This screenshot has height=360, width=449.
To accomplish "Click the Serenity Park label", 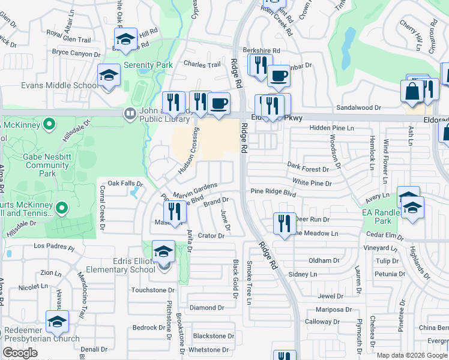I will click(148, 65).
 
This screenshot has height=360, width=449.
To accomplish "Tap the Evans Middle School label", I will click(59, 85).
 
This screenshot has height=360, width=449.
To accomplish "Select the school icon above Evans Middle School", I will click(109, 76).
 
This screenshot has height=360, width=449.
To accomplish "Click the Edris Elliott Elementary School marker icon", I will click(163, 252).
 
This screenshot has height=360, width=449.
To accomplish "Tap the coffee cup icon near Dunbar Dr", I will click(279, 76).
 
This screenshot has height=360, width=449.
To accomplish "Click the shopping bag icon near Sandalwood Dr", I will click(412, 92).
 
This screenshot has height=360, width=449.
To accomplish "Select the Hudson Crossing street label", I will click(187, 153).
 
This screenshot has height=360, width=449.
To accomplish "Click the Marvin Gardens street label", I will click(194, 191).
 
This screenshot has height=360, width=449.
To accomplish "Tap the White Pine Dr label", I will click(312, 182).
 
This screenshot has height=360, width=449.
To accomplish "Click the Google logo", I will click(20, 353).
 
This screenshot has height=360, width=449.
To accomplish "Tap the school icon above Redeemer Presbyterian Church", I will click(58, 322).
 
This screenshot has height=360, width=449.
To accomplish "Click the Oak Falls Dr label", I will click(125, 183).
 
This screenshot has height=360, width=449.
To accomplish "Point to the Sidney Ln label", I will click(303, 274).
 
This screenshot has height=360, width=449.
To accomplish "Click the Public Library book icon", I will click(129, 113).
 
